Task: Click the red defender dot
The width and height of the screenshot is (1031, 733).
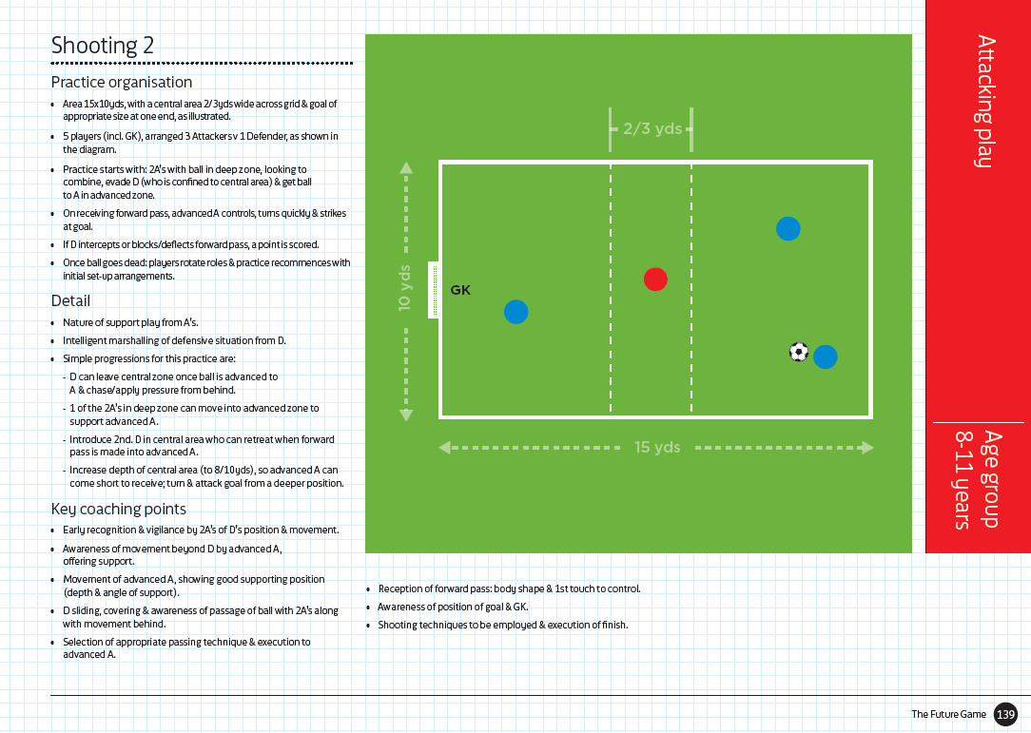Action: [x=655, y=280]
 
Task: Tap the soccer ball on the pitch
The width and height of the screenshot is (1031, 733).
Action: [x=799, y=352]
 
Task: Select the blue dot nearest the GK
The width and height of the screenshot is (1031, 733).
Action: [x=515, y=312]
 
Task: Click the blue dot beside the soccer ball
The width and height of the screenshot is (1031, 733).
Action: [x=826, y=357]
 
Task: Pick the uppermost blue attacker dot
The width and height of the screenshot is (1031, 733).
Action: [x=788, y=228]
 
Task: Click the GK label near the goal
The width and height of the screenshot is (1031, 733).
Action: [x=460, y=290]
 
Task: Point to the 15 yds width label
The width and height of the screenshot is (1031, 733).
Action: [x=657, y=447]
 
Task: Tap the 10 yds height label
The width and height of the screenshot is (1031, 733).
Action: [x=405, y=288]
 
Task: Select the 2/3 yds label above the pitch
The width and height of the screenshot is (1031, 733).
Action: [x=652, y=127]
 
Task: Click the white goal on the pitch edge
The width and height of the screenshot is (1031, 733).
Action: [x=433, y=290]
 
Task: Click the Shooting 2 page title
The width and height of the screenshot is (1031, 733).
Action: [x=102, y=46]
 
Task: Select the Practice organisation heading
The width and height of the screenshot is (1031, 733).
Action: [x=122, y=83]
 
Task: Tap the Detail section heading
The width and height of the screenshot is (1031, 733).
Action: [x=70, y=301]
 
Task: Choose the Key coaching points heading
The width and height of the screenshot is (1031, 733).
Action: [x=118, y=509]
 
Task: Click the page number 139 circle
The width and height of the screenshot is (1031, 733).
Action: [x=1005, y=714]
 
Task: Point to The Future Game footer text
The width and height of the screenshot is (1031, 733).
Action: [x=948, y=714]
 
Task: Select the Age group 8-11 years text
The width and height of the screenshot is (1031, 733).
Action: [x=978, y=479]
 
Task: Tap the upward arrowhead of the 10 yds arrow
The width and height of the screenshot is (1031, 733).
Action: [x=406, y=168]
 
